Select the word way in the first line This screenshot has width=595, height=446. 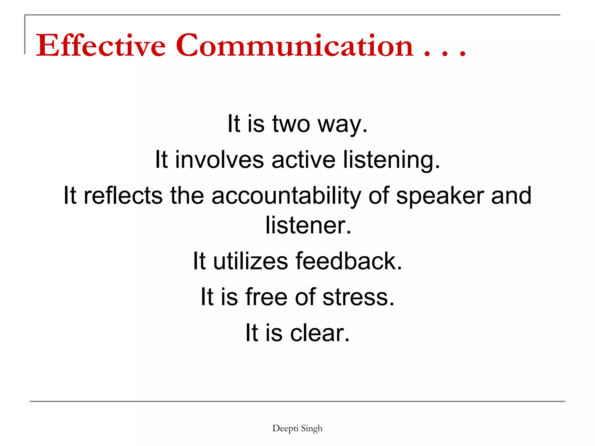[x=342, y=125]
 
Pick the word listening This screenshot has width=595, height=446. [x=391, y=160]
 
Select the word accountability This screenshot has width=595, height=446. [x=286, y=196]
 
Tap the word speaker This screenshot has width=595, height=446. [x=440, y=196]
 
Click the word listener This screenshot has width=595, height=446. [x=308, y=225]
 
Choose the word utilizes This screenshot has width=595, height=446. [x=250, y=261]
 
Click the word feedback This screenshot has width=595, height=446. [x=349, y=261]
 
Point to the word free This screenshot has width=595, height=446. [x=266, y=297]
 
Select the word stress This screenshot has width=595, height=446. [x=358, y=297]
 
